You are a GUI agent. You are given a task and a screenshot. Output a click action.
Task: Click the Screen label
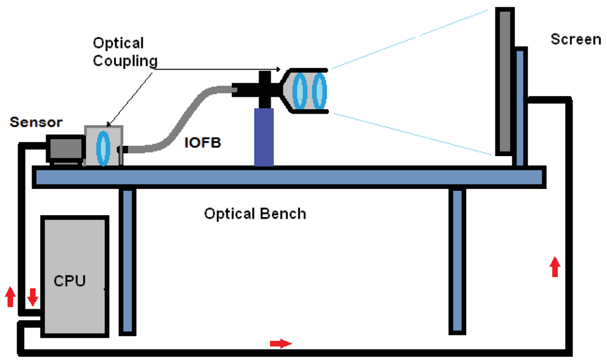point(575,39)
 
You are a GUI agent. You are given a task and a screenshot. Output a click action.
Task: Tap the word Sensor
point(37,122)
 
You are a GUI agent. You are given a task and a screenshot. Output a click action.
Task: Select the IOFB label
point(202,145)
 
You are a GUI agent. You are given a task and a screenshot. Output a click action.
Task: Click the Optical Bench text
point(255,214)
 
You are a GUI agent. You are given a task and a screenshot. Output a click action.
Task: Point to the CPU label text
point(70,281)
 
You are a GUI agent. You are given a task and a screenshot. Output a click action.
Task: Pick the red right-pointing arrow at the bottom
point(280,344)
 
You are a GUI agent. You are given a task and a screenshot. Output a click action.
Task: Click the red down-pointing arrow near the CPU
point(33,297)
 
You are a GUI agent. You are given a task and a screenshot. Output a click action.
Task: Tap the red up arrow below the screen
point(554,267)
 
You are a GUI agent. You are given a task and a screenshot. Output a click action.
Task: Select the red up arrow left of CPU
point(10,297)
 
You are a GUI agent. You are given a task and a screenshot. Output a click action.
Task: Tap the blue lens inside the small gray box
point(103,146)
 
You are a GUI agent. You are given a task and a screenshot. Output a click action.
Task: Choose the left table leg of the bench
point(126,261)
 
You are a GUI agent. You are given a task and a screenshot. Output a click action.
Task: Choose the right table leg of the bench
point(457,261)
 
